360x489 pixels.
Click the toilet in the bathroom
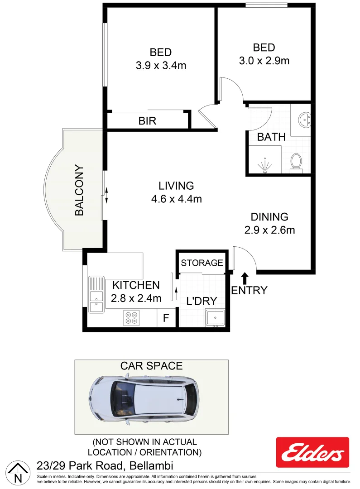296,162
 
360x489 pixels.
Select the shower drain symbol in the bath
265,167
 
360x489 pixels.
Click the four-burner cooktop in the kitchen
131,317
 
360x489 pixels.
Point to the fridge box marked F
166,318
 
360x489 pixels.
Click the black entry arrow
245,278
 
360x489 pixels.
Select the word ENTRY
249,290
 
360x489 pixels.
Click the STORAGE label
202,263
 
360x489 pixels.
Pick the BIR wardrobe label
148,121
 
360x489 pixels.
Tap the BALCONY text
80,190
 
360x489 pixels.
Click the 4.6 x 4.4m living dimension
176,198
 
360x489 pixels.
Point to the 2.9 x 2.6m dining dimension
269,230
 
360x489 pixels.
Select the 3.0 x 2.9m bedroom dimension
264,60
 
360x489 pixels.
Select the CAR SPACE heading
151,366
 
